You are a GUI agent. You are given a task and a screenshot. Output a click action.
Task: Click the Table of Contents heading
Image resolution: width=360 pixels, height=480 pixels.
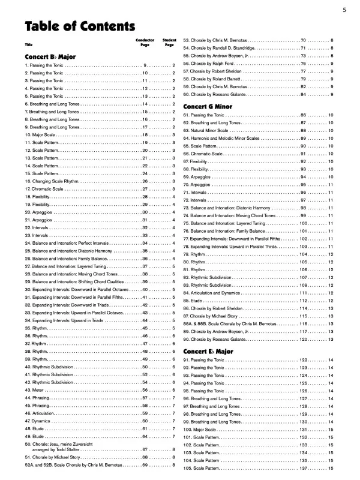(x=79, y=27)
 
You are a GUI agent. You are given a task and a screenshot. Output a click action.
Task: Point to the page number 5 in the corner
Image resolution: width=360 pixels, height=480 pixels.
(x=344, y=10)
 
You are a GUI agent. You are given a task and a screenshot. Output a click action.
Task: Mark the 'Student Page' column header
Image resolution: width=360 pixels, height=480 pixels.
(x=169, y=43)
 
